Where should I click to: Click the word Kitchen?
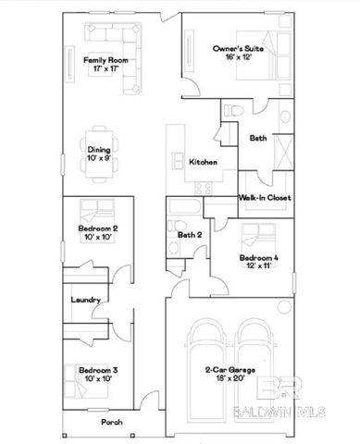(x=203, y=162)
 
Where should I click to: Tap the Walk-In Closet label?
(x=260, y=198)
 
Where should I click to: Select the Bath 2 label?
(x=191, y=235)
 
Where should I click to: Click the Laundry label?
(x=85, y=300)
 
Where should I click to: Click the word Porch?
(x=112, y=423)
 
